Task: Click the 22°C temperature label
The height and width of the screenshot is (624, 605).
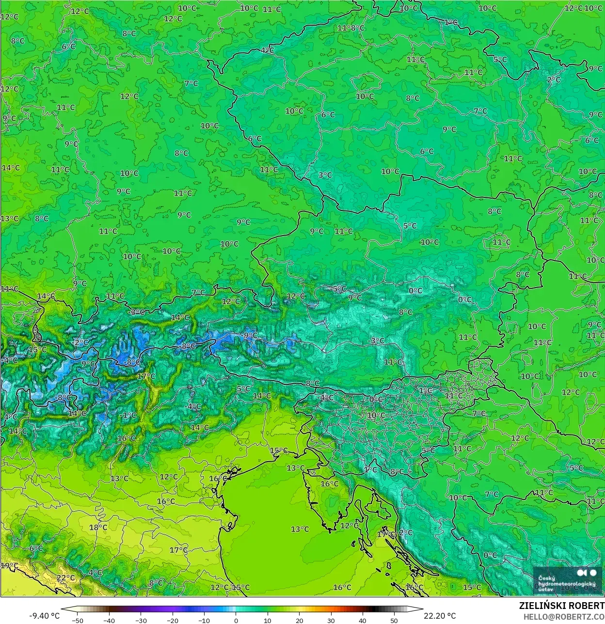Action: click(66, 578)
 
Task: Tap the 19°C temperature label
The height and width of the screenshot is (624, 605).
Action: click(9, 566)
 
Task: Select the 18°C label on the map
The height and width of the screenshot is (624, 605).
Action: click(98, 528)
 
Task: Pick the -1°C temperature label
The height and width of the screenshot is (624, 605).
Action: click(128, 416)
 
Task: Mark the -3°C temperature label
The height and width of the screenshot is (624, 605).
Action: click(377, 341)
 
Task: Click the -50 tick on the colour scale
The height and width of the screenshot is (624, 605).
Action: click(77, 620)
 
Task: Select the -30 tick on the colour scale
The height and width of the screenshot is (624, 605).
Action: click(141, 620)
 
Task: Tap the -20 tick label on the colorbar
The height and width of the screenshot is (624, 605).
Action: click(173, 620)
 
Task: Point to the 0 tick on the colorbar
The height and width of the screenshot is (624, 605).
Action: click(236, 620)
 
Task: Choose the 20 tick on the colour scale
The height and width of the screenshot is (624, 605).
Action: click(300, 620)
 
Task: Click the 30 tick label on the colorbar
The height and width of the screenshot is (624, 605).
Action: click(331, 620)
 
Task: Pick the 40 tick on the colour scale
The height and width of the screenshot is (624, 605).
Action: click(363, 620)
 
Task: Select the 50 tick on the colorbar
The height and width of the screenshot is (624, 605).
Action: click(394, 620)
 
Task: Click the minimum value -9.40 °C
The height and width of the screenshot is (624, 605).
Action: click(45, 616)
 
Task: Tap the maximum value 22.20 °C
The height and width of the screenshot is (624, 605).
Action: click(440, 616)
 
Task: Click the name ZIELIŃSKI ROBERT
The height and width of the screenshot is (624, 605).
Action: click(561, 606)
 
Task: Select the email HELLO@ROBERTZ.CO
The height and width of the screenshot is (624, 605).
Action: click(564, 616)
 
